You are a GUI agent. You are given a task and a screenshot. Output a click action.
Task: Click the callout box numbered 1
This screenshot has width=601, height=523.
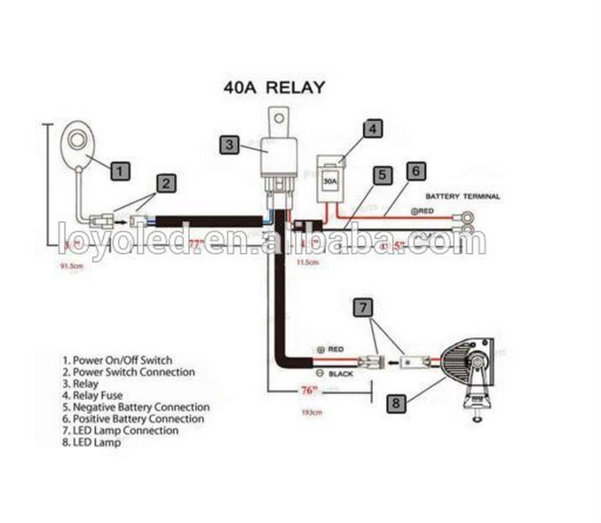121,168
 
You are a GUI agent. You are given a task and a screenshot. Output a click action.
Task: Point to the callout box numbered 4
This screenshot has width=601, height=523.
374,129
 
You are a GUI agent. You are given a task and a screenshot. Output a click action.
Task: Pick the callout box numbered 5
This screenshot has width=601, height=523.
382,175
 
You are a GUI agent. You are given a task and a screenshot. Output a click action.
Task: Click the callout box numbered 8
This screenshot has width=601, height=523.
395,403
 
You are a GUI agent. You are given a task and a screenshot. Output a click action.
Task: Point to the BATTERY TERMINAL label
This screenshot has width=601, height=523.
463,195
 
